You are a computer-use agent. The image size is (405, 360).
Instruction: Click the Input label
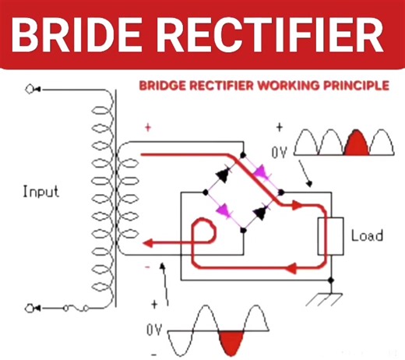pos(40,191)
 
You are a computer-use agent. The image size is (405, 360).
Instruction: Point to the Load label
pos(368,235)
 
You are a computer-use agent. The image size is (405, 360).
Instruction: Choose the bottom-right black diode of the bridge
pos(260,206)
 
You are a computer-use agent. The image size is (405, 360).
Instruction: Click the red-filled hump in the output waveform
pos(356,143)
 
